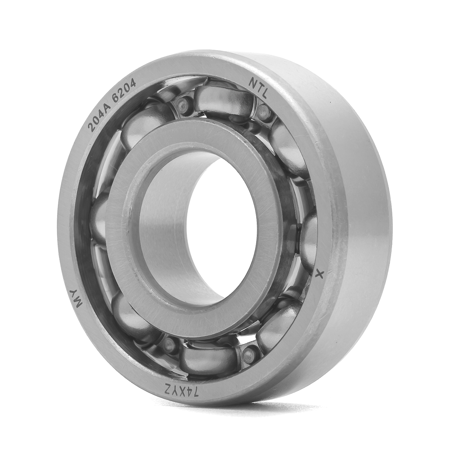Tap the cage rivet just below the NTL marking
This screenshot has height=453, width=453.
point(262,109)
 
